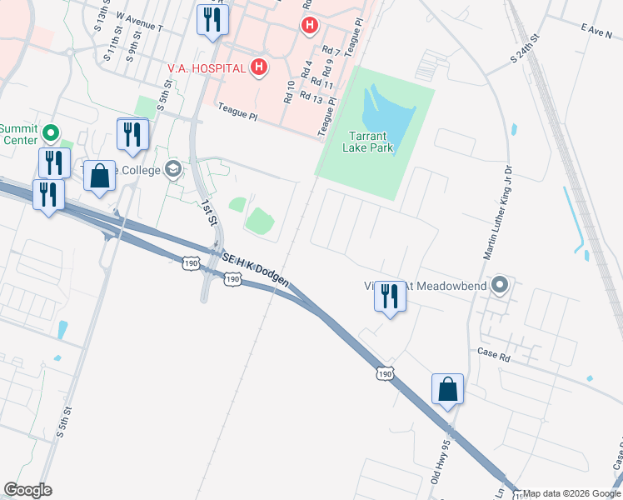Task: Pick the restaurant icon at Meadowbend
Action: pos(390,297)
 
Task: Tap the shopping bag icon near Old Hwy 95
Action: pos(447,389)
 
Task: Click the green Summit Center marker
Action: pos(50,132)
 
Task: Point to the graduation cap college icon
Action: pos(173,169)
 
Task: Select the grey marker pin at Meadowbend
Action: pos(500,286)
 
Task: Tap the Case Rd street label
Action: pos(494,353)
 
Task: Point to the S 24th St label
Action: pos(526,51)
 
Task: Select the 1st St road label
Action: pos(208,212)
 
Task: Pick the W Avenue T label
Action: pos(140,22)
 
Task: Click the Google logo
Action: pos(27,490)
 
